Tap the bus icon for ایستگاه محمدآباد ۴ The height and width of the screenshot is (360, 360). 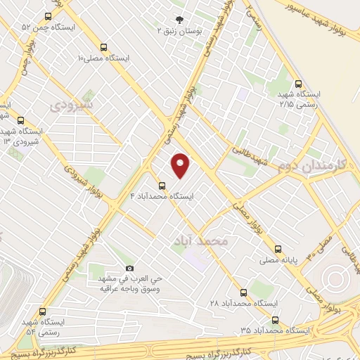(x=162, y=186)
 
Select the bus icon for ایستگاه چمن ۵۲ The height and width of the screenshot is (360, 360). (x=47, y=16)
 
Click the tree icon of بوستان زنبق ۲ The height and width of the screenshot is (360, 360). (x=179, y=20)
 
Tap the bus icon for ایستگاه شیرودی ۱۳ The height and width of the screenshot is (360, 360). (x=20, y=120)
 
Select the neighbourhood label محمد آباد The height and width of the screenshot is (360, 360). (x=200, y=240)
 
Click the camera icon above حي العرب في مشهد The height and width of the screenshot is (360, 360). (x=129, y=268)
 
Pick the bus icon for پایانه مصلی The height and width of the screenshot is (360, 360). (x=277, y=248)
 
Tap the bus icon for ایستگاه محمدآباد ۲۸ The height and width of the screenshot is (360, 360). (x=243, y=292)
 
